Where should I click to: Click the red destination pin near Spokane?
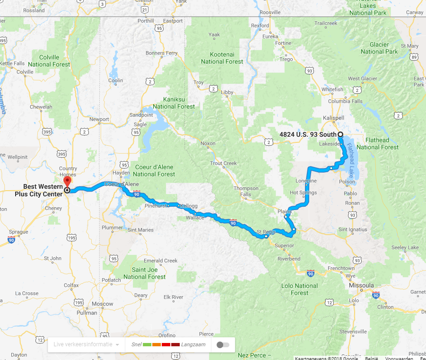67,181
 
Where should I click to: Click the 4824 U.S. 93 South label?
308,134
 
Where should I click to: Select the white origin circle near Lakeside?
340,134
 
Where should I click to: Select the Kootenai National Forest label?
222,58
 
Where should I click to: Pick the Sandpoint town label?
142,115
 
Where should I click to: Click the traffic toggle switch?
223,344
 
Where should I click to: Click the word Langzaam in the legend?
193,344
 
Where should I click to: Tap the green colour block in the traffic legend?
147,344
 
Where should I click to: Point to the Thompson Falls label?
246,191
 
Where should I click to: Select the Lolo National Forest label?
300,289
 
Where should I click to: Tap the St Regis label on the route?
266,232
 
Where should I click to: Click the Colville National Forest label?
49,61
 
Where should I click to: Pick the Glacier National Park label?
380,48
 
